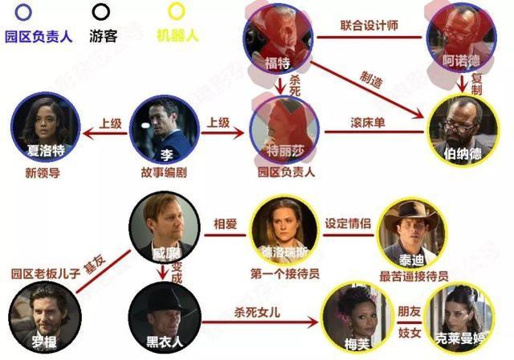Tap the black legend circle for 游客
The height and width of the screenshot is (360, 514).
pos(101,12)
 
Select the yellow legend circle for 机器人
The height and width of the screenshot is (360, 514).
pos(176,12)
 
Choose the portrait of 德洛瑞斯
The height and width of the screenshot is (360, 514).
pos(285,230)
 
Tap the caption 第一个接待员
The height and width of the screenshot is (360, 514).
pos(287,274)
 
